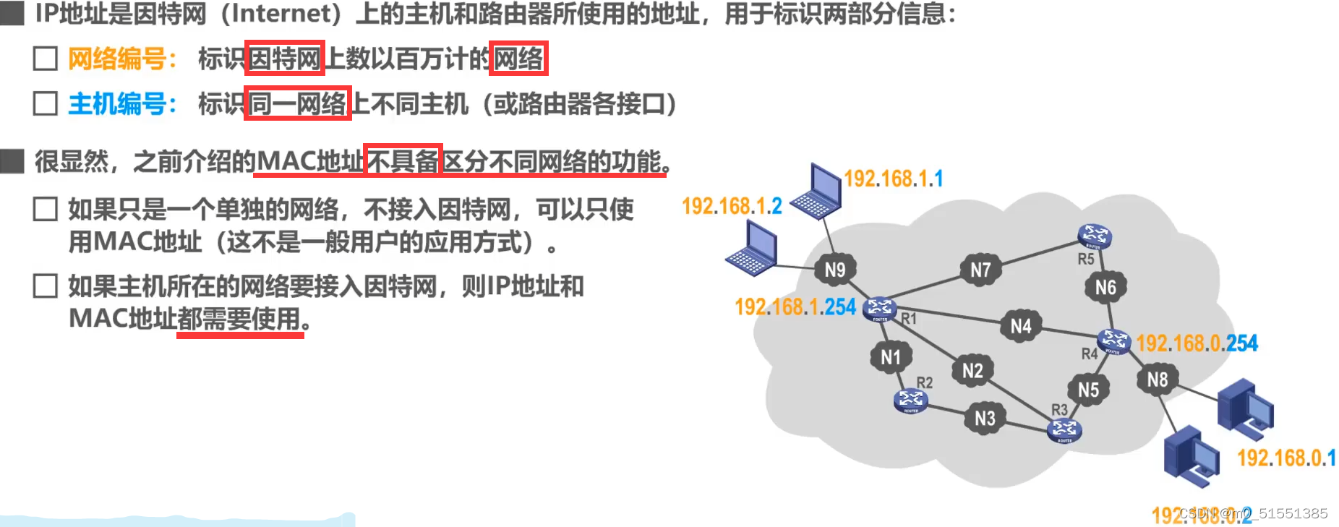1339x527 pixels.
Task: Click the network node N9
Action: coord(834,270)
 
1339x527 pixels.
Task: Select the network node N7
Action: coord(980,270)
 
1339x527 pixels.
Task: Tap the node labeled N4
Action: coord(1020,326)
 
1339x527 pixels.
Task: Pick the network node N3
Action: coord(985,418)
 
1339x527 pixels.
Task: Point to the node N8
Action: coord(1157,380)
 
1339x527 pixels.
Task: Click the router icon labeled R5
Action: coord(1094,236)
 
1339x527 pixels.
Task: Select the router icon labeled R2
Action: coord(911,400)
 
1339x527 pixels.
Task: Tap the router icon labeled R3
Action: coord(1064,429)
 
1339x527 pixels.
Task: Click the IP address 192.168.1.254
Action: coord(795,307)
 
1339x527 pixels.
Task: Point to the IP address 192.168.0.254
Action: coord(1197,343)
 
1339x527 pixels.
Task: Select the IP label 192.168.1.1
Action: coord(893,179)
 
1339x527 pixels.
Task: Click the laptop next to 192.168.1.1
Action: coord(817,192)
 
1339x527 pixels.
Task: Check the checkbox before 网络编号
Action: coord(46,59)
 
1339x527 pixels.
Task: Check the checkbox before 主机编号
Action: coord(46,103)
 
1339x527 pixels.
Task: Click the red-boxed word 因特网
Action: coord(284,59)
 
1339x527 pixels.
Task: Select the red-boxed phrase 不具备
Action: coord(402,160)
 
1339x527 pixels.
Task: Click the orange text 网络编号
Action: coord(117,59)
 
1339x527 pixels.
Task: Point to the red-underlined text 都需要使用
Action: coord(239,318)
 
